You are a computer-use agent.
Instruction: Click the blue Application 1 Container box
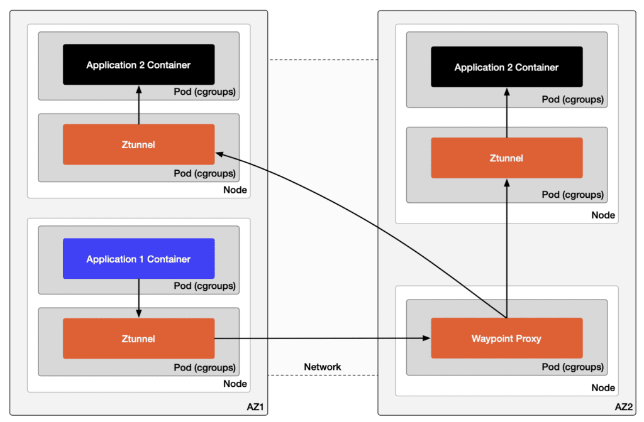[x=138, y=259]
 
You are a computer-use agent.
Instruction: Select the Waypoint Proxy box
[x=506, y=338]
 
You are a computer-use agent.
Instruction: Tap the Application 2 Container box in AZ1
[x=138, y=65]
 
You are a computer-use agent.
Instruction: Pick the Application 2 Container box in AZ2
[x=506, y=67]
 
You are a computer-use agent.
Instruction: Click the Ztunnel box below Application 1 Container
[x=138, y=338]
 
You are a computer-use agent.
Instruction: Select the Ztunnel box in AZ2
[x=506, y=158]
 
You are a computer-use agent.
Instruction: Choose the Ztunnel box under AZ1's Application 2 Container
[x=138, y=144]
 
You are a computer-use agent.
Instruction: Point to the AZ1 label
[x=254, y=408]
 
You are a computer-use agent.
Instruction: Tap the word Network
[x=323, y=367]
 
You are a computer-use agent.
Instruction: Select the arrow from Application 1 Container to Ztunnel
[x=139, y=298]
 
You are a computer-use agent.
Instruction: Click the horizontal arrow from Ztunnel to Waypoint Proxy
[x=321, y=338]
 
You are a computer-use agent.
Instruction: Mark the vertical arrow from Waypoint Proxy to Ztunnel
[x=506, y=251]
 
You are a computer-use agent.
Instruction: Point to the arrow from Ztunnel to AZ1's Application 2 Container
[x=139, y=104]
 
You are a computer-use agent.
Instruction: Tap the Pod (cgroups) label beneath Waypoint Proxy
[x=572, y=367]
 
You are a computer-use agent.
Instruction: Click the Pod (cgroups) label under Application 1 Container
[x=204, y=286]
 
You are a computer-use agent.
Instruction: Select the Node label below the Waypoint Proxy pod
[x=602, y=388]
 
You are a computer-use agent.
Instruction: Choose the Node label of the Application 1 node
[x=235, y=384]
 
